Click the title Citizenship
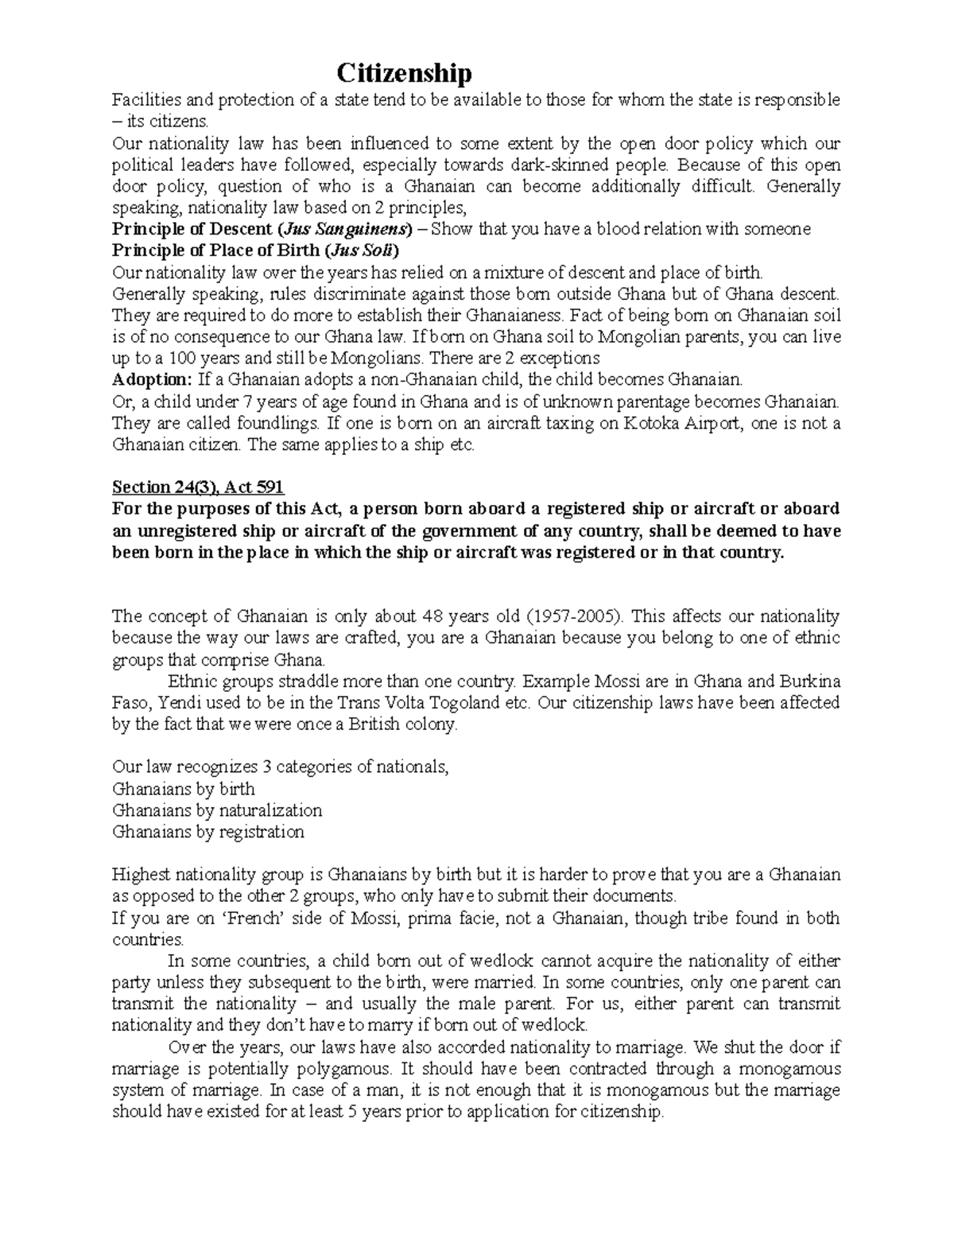[x=404, y=74]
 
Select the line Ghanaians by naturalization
[x=217, y=810]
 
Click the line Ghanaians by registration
[x=208, y=832]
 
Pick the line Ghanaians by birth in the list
[x=184, y=789]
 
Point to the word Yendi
[x=180, y=703]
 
